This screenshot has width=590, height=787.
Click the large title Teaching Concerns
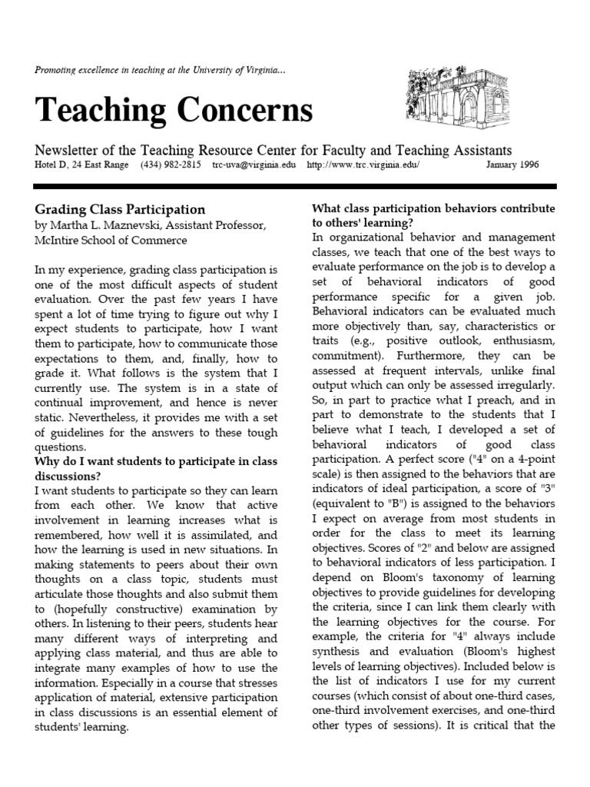tap(174, 111)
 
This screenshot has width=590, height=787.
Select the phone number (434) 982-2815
tap(171, 165)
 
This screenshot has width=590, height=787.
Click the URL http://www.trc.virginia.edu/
tap(363, 165)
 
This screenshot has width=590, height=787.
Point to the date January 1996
tap(512, 165)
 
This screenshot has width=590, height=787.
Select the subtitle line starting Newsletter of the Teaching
tap(273, 151)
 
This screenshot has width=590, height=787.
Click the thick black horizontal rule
tap(295, 187)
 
